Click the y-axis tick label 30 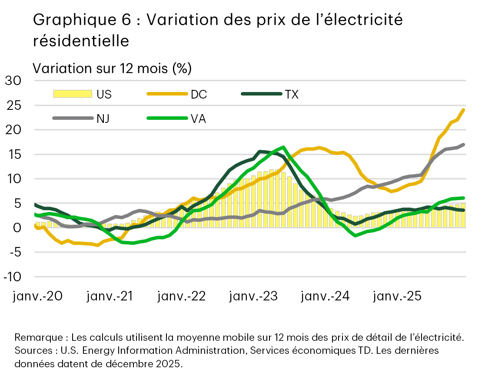pyautogui.click(x=13, y=81)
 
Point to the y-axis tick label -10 pyautogui.click(x=13, y=277)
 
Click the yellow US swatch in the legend pyautogui.click(x=72, y=94)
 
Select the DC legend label pyautogui.click(x=199, y=94)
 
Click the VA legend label pyautogui.click(x=198, y=118)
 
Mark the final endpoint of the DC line pyautogui.click(x=464, y=109)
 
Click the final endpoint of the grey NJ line pyautogui.click(x=464, y=144)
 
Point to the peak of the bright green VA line pyautogui.click(x=283, y=147)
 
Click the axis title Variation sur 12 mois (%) pyautogui.click(x=112, y=68)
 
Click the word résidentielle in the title pyautogui.click(x=81, y=40)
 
